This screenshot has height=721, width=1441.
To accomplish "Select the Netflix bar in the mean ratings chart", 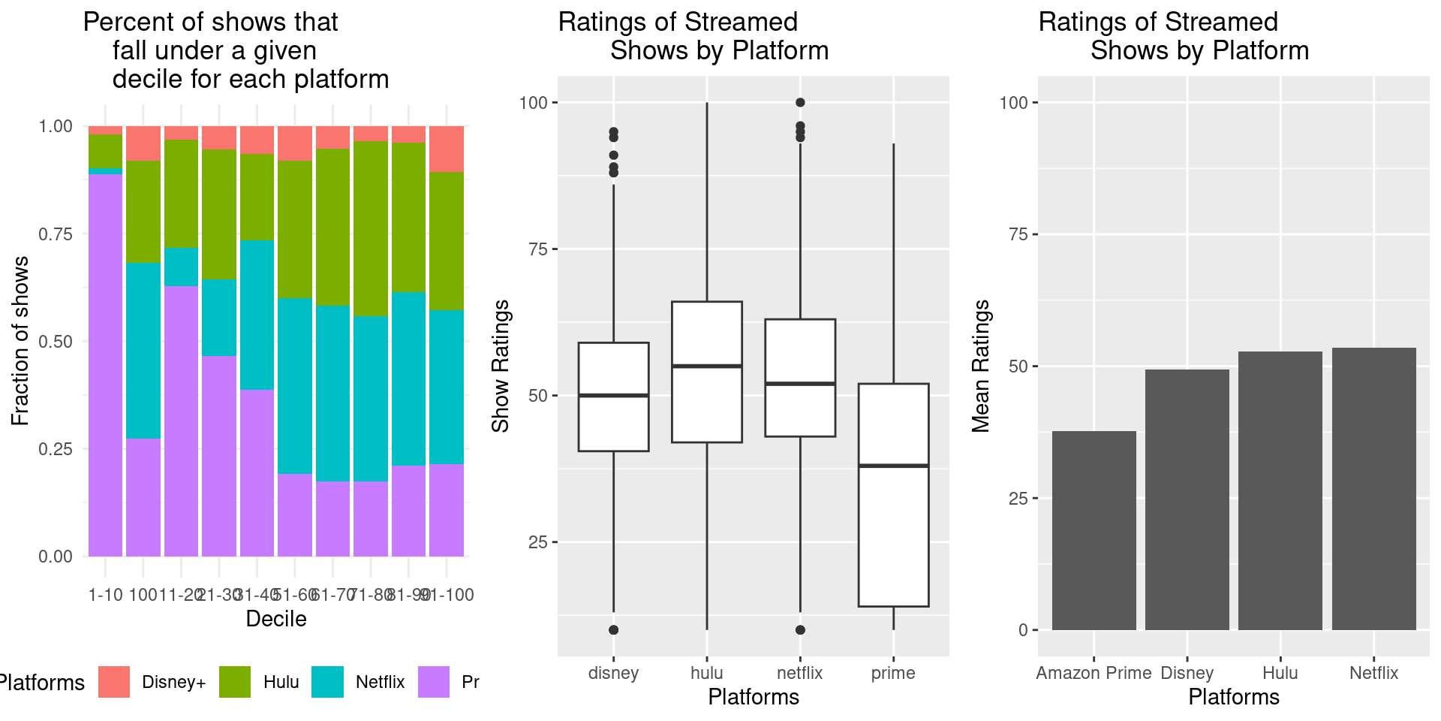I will click(x=1373, y=489).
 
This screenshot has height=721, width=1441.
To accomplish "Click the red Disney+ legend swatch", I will click(x=114, y=682).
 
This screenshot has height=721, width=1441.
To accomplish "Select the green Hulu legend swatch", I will click(x=235, y=682).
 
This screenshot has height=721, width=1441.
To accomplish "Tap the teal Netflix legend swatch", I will click(x=327, y=682).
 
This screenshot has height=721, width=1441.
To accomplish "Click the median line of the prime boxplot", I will click(x=893, y=466).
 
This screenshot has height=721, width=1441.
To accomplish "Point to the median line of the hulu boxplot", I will click(x=706, y=366).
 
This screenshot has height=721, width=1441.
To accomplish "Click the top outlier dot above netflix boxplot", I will click(x=800, y=102).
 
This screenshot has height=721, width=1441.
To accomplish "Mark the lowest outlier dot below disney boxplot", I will click(x=613, y=629).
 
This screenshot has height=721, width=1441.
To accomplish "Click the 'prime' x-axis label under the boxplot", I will click(x=893, y=673).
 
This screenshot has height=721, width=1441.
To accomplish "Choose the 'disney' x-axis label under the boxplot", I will click(x=613, y=673).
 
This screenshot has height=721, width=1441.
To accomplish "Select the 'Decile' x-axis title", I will click(x=276, y=619).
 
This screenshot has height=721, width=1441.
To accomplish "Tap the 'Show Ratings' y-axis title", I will click(x=501, y=366).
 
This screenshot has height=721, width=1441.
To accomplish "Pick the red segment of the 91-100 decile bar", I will click(x=447, y=149).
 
